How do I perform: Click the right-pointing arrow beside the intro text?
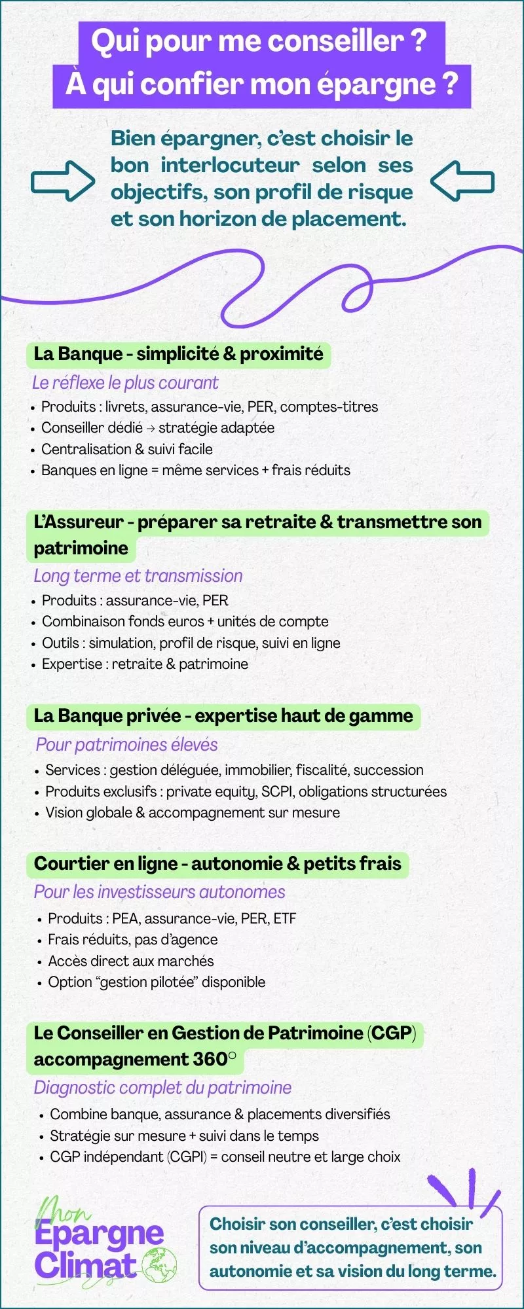[x=63, y=180]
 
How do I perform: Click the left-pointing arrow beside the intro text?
[x=462, y=180]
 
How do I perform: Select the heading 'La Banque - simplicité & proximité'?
[x=178, y=354]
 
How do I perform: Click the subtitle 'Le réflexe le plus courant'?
[x=125, y=383]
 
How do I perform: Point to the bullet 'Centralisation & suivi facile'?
[x=126, y=449]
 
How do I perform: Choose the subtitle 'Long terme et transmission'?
[x=138, y=576]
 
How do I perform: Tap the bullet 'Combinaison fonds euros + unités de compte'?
[x=185, y=621]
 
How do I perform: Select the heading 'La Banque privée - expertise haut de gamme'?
[x=223, y=716]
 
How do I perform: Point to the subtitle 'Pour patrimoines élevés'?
[x=126, y=745]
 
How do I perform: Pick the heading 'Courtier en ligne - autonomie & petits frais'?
[x=217, y=864]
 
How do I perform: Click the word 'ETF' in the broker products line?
[x=285, y=918]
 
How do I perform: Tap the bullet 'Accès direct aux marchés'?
[x=130, y=961]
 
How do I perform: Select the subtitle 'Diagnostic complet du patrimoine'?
[x=162, y=1088]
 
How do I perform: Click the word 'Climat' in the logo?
[x=85, y=1264]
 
